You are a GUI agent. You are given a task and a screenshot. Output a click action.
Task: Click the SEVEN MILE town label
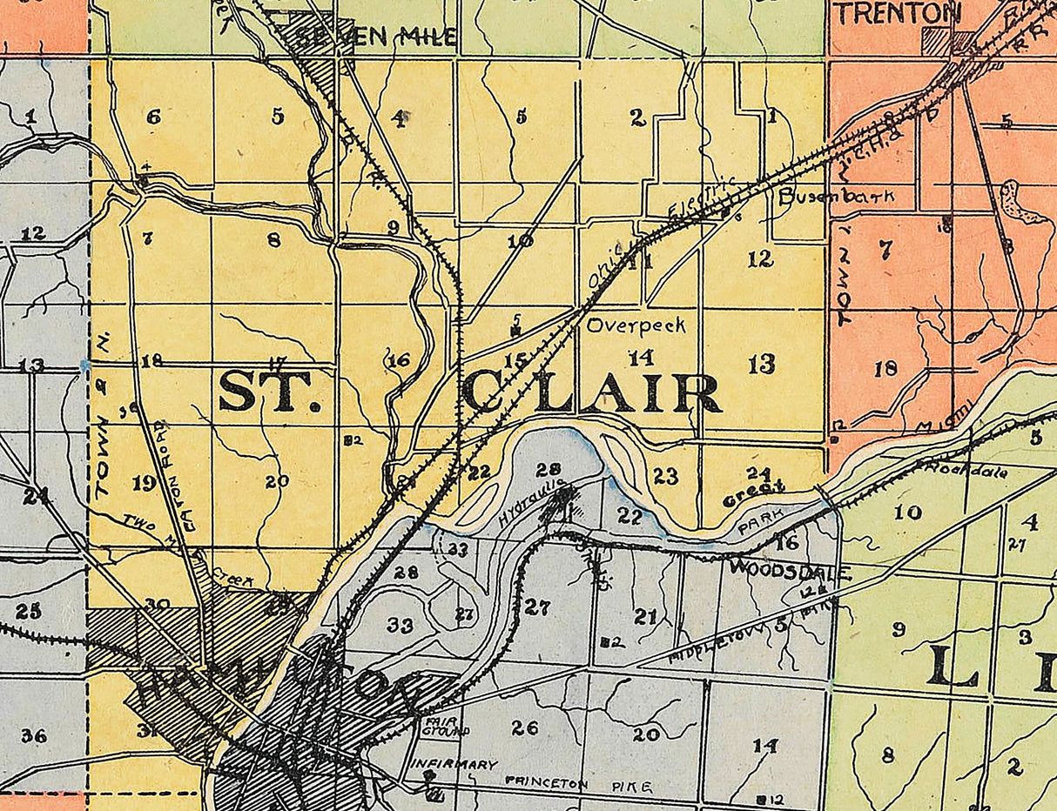point(376,37)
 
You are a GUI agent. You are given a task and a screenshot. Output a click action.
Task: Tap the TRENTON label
point(898,13)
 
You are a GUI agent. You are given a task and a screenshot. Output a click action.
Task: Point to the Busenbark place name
point(836,196)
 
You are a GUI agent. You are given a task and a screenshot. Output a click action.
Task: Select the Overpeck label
point(636,326)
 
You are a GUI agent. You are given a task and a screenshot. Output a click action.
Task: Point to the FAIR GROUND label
point(444,726)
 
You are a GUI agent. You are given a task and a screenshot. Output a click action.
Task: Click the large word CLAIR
point(591,393)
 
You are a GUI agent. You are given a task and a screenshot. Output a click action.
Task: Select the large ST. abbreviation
point(270,392)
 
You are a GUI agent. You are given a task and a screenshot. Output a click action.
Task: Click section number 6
point(153,116)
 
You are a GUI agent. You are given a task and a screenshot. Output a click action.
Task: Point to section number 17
point(278,362)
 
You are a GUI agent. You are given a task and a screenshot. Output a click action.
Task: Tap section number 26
point(524,727)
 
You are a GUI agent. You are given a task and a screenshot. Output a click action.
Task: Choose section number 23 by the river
point(665,476)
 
